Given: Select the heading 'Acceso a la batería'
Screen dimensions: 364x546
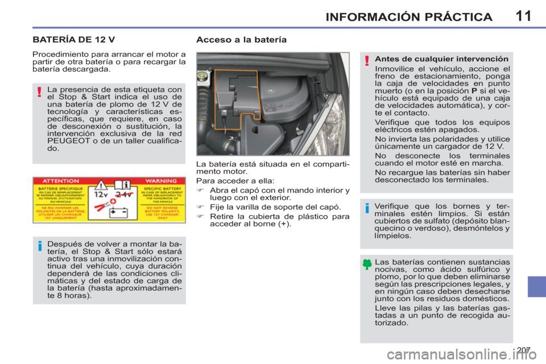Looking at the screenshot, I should click(x=241, y=40).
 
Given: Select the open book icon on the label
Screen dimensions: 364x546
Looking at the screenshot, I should click(x=119, y=185).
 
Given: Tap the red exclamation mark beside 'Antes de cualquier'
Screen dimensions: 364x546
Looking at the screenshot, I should click(x=367, y=61).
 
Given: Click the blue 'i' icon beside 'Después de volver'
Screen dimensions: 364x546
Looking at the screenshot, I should click(x=40, y=246).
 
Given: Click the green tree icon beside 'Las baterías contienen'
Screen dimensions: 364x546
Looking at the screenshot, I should click(x=367, y=263).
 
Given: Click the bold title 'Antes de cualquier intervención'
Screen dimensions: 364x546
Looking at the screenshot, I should click(x=442, y=59).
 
